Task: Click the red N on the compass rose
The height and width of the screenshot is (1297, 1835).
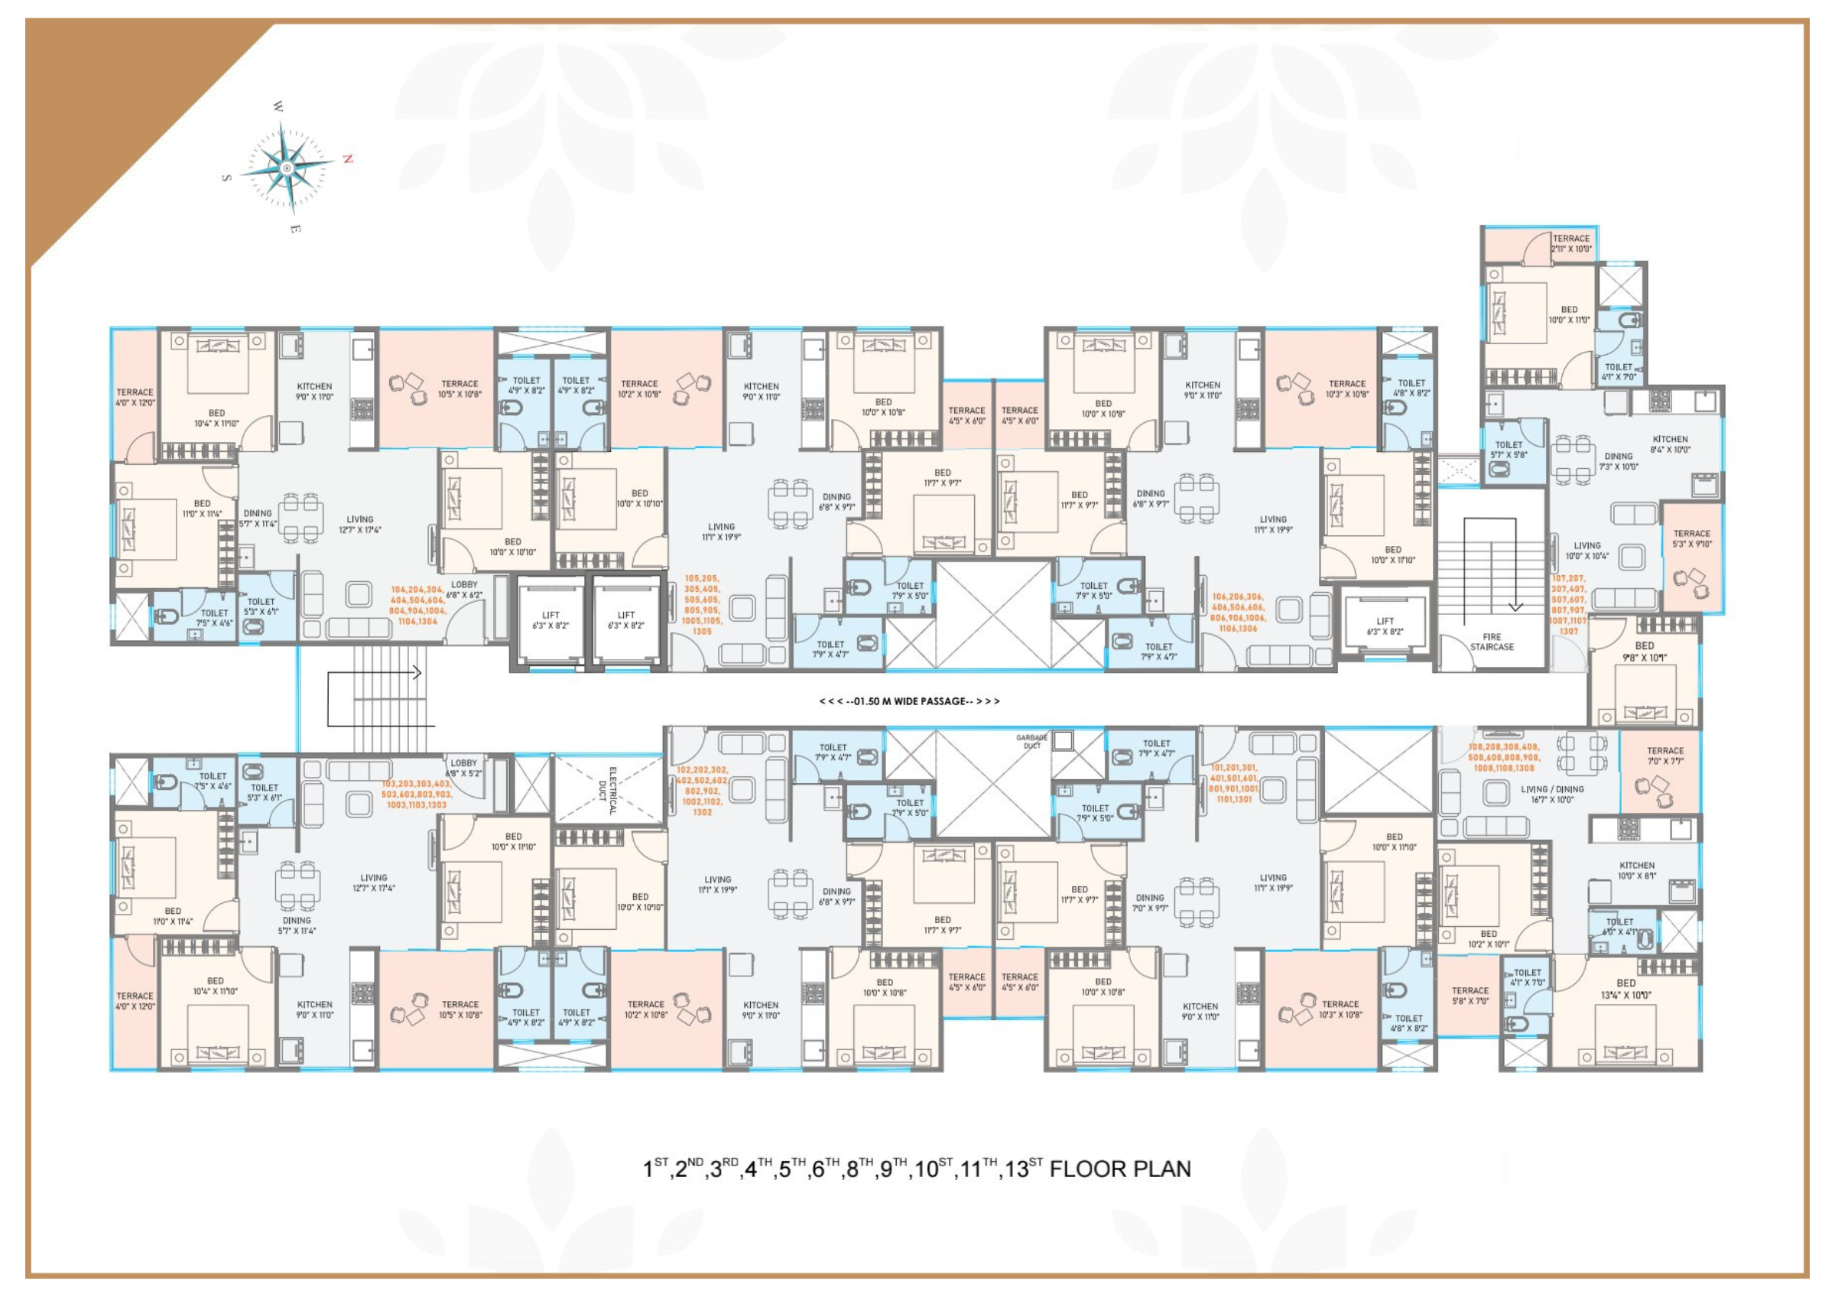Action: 348,159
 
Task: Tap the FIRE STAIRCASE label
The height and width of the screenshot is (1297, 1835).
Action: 1492,642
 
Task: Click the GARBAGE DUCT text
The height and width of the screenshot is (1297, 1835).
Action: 1031,742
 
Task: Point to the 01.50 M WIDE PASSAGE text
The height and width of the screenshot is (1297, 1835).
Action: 910,701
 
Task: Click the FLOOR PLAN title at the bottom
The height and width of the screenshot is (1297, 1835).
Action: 917,1169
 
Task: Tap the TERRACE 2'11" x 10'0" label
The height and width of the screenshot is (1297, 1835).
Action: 1571,244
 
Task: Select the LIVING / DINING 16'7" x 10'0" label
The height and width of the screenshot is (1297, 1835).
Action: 1552,795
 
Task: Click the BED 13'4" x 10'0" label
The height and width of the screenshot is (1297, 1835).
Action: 1626,989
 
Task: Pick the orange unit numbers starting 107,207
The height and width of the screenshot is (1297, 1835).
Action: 1568,605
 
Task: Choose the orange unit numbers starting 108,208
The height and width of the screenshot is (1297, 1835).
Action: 1503,758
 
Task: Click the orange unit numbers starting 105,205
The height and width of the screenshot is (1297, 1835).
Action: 701,604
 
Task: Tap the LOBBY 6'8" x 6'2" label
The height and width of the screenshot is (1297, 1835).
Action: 464,590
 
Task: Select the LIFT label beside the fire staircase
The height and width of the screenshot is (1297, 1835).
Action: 1385,626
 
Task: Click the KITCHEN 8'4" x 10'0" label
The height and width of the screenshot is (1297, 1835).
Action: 1671,444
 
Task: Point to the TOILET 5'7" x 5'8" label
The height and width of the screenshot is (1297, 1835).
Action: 1508,450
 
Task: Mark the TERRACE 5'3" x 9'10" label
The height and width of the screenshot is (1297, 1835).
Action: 1692,538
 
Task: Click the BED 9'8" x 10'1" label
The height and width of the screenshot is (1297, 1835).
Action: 1644,652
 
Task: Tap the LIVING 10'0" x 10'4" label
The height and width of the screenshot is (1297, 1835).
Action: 1587,551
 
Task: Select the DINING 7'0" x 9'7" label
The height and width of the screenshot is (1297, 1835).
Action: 1149,903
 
